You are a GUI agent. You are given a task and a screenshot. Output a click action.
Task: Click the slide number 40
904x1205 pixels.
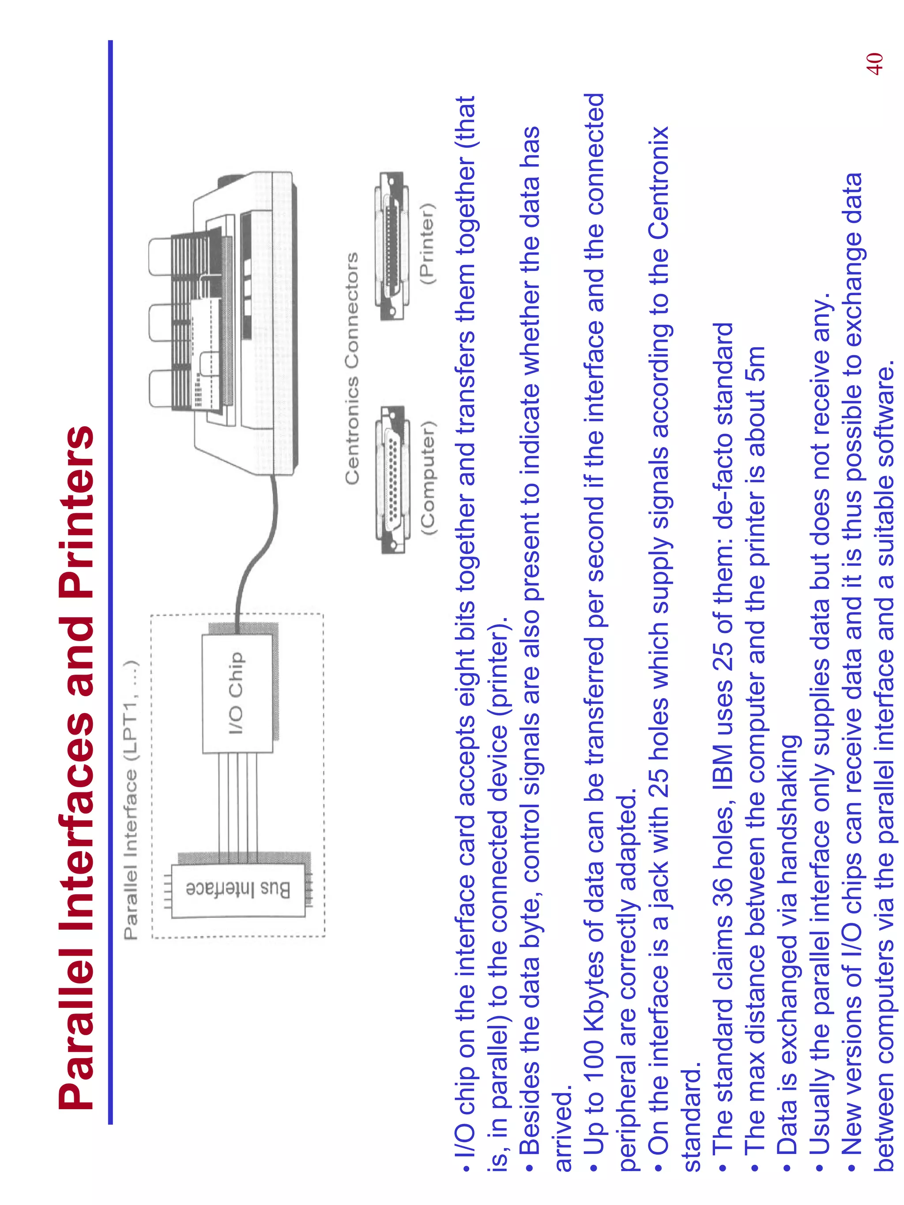[x=874, y=64]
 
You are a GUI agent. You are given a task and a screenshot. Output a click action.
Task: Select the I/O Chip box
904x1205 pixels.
[x=237, y=693]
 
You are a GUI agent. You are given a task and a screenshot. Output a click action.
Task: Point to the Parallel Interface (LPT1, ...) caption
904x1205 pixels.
[x=132, y=800]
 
